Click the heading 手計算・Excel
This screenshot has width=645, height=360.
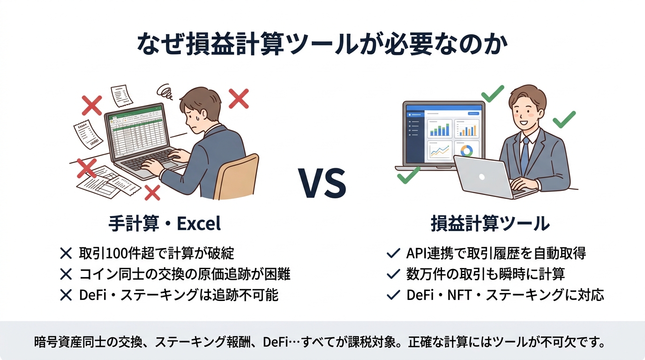click(x=165, y=224)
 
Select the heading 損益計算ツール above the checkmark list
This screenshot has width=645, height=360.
click(x=490, y=224)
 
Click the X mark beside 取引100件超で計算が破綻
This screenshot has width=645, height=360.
click(x=66, y=254)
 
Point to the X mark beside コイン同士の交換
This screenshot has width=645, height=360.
click(x=66, y=274)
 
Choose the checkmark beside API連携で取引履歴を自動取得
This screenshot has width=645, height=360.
click(x=392, y=254)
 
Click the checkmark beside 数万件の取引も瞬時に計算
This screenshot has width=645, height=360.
click(x=392, y=274)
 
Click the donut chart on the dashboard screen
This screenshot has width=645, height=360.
click(x=466, y=150)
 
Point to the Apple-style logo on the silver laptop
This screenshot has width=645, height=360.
click(x=482, y=177)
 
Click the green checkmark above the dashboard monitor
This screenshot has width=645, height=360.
click(x=492, y=93)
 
